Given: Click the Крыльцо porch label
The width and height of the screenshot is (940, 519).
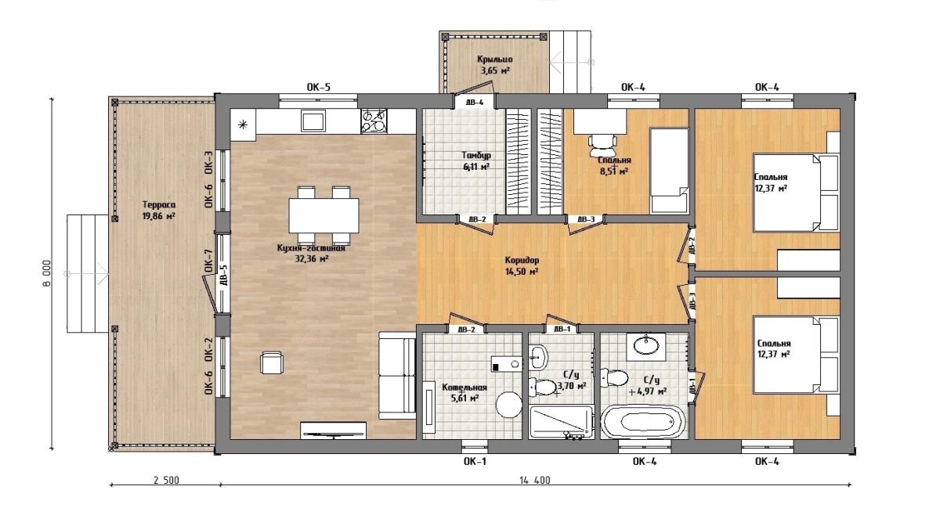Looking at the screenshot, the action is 495,59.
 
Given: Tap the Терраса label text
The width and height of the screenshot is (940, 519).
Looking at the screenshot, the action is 159,205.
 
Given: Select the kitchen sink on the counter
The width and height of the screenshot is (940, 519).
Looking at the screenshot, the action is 313,121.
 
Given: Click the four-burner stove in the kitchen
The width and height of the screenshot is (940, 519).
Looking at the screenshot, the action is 374,121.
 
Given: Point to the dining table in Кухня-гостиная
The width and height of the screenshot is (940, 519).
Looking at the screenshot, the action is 324,215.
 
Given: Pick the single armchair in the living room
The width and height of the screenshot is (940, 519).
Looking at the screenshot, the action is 272,363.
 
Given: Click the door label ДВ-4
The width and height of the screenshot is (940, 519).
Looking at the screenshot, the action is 475,102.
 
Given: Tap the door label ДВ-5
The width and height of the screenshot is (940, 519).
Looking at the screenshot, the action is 224,276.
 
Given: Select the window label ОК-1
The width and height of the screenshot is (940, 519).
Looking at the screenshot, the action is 475,462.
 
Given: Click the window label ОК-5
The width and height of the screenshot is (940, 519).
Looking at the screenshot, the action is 319,87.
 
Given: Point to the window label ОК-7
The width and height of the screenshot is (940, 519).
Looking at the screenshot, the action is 208,261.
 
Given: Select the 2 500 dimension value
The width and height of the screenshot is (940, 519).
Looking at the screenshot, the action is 166,481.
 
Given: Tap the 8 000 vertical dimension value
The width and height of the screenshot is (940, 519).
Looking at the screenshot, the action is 46,273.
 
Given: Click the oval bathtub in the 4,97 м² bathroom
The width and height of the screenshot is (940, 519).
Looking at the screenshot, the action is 644,422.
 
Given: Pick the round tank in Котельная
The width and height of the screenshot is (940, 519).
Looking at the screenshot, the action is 509,405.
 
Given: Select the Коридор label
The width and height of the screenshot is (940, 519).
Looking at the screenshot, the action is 522,261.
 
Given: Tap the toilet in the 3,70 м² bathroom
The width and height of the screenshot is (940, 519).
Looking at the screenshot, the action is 542,387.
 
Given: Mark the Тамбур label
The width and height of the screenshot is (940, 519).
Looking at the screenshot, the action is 476,155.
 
